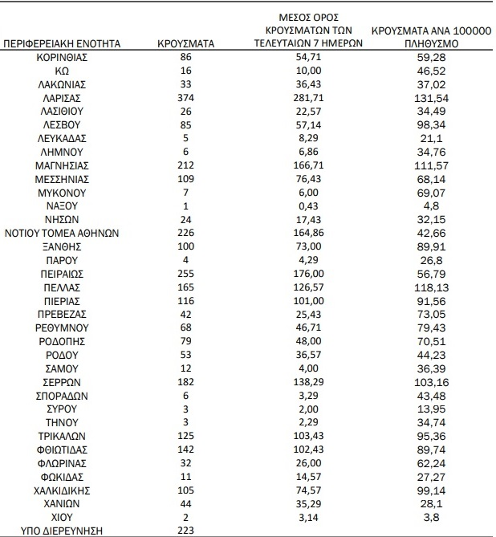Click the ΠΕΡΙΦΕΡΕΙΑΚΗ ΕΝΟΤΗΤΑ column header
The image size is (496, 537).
pos(63,44)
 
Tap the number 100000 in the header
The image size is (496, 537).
pos(463,31)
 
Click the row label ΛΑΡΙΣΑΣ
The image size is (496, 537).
pos(63,97)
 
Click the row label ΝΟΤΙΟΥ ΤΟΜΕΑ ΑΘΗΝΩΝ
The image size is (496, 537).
pos(63,233)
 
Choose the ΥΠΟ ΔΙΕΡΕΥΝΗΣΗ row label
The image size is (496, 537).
pos(63,530)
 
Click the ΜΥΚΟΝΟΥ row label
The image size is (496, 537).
pos(63,193)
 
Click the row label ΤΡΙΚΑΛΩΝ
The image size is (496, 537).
pos(63,436)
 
